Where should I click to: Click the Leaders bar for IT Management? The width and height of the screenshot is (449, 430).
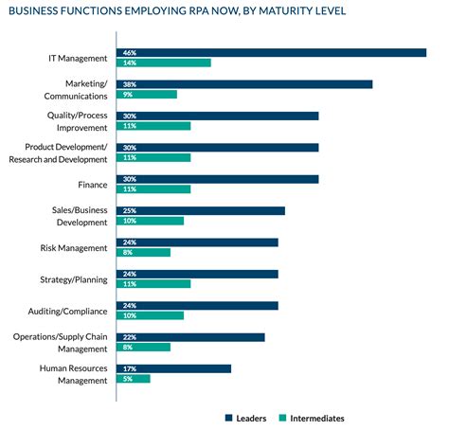tap(271, 52)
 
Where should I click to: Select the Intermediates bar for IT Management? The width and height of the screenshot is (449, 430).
tap(163, 63)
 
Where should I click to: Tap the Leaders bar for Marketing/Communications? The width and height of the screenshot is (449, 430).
tap(244, 83)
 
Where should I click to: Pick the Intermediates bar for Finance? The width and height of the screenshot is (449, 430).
tap(153, 189)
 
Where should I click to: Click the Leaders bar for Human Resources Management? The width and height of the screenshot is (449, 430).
tap(173, 368)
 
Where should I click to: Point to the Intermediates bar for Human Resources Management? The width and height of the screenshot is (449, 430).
tap(134, 379)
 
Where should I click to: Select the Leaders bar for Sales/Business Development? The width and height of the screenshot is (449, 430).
tap(201, 210)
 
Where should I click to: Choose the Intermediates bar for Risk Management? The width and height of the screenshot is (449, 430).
tap(143, 252)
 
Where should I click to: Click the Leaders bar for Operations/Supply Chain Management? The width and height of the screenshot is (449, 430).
tap(190, 336)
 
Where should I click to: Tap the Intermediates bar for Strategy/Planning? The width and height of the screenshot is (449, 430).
tap(153, 283)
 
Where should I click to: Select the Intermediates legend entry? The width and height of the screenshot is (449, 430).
tap(312, 418)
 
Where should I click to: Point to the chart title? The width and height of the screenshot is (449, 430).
tap(176, 12)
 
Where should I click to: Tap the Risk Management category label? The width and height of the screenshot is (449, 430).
tap(80, 247)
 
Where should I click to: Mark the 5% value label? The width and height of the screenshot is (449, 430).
tap(125, 379)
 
